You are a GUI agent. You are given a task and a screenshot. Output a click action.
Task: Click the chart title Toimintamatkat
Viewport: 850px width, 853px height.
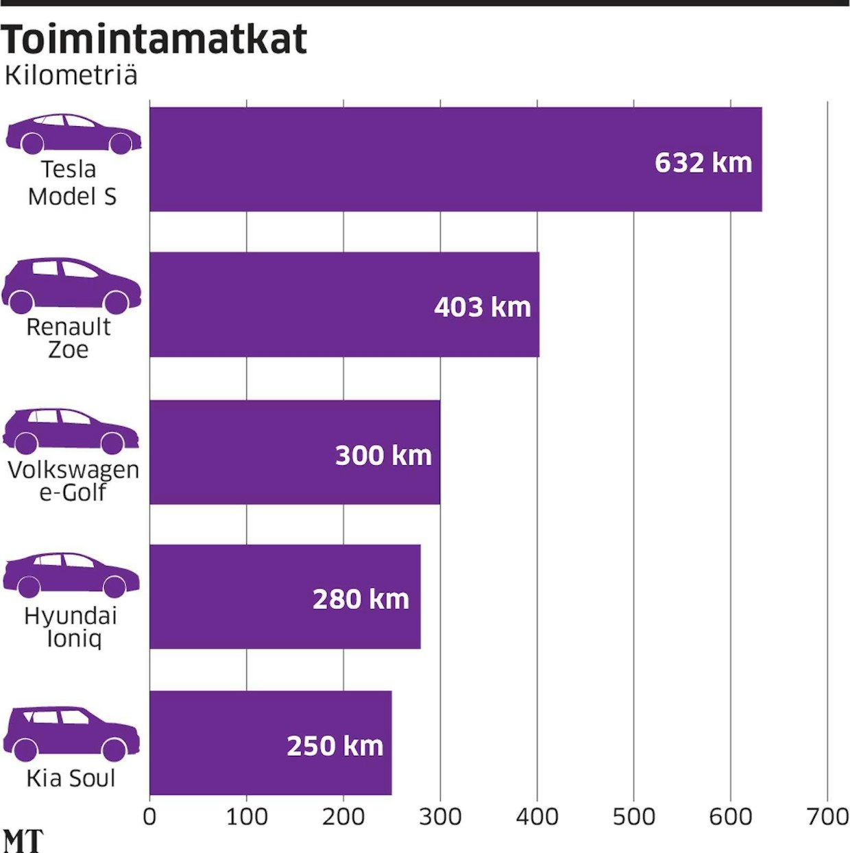point(154,39)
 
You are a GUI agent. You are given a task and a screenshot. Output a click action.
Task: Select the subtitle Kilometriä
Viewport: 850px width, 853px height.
point(71,75)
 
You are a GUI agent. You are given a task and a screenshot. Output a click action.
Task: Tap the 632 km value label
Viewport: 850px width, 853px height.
point(703,163)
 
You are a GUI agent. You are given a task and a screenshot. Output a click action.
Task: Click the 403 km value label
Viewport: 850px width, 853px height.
point(483,308)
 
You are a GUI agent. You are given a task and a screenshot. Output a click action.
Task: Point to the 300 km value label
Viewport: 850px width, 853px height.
point(383,456)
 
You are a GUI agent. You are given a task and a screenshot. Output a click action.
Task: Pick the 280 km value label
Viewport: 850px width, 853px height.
point(361,599)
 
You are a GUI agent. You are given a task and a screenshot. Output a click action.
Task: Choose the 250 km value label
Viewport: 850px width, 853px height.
point(335,746)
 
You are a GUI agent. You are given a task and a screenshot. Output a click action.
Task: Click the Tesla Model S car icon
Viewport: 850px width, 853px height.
point(73,134)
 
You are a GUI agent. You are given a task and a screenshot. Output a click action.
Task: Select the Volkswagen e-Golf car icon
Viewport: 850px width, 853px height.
point(71,431)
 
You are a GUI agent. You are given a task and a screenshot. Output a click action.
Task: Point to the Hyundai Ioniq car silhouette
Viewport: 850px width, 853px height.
point(71,575)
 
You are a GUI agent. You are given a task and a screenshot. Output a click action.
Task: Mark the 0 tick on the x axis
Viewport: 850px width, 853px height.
point(149,817)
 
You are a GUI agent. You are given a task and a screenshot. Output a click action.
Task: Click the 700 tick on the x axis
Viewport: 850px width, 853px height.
point(827,817)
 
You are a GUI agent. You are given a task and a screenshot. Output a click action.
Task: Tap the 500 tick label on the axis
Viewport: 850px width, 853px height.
point(633,817)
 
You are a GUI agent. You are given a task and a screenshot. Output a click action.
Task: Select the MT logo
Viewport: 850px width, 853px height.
point(23,841)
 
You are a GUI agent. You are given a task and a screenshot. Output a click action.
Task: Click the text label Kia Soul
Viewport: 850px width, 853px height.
point(71,779)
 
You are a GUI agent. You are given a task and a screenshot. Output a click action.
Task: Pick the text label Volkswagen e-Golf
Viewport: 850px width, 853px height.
point(73,481)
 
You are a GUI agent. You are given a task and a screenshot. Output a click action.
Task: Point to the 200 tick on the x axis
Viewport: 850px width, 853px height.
point(343,817)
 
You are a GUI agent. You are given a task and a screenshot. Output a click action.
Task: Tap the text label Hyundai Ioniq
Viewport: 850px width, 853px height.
point(71,627)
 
